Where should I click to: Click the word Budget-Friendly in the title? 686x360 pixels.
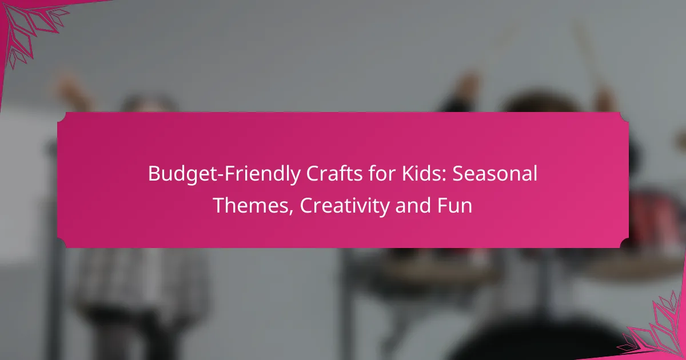point(224,174)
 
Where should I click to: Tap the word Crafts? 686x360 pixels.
point(334,174)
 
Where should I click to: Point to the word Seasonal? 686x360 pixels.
point(495,173)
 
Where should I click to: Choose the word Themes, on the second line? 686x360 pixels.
point(253,205)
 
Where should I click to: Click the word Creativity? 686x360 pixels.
point(345,206)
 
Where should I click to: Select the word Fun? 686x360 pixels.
point(454,206)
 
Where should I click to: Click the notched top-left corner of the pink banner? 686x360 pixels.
point(61,117)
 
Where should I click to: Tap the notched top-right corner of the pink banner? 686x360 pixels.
point(625,117)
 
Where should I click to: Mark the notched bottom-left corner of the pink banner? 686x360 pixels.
point(61,243)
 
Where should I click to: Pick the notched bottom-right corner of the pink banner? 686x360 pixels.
point(625,243)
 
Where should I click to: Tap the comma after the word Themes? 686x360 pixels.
point(290,212)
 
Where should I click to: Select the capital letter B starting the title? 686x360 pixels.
point(154,174)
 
